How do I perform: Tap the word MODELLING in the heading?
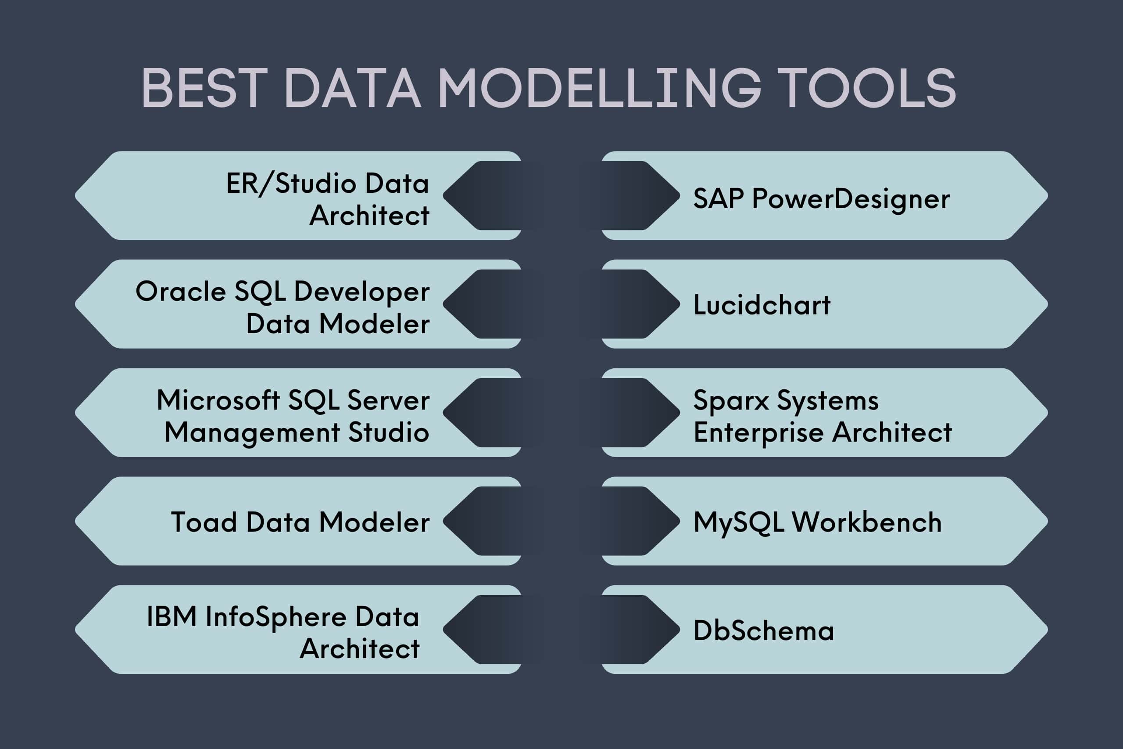point(598,88)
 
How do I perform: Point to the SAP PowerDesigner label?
point(821,199)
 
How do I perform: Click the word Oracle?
point(180,292)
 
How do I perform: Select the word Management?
point(252,433)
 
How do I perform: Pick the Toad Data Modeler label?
point(300,522)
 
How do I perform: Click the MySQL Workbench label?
point(817,522)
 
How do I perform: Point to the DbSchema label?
point(763,630)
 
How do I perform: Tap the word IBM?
point(172,617)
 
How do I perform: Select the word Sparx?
point(731,400)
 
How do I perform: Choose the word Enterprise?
point(758,433)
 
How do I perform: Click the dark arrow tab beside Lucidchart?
point(635,304)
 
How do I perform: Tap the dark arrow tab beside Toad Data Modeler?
point(487,521)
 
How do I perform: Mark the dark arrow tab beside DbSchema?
point(635,630)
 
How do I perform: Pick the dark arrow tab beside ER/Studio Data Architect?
point(487,195)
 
